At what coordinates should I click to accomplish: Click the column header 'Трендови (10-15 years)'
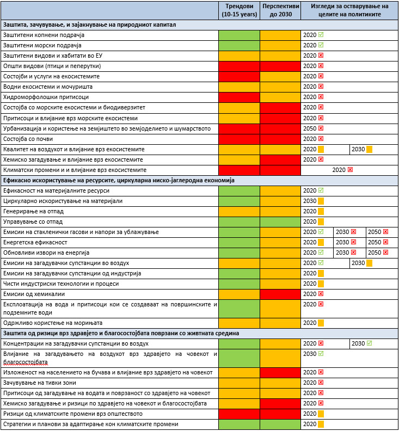point(239,10)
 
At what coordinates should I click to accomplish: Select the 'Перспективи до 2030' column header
point(280,10)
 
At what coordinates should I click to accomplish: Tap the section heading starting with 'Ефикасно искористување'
point(119,180)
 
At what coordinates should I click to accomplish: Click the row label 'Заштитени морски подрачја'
point(42,45)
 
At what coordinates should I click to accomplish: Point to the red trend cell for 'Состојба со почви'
point(239,139)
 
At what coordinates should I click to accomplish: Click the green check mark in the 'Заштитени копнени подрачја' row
point(321,35)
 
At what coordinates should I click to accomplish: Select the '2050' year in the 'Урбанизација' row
point(310,128)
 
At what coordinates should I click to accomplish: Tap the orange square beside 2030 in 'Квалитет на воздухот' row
point(369,149)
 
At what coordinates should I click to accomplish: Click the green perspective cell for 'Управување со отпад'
point(280,222)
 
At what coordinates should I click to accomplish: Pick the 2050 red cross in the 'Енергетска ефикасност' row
point(385,242)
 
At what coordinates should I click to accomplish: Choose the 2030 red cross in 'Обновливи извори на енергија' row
point(353,253)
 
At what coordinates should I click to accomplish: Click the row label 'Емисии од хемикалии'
point(34,294)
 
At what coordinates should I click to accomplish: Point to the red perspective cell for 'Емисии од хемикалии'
point(280,294)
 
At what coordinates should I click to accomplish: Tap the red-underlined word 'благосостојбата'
point(26,362)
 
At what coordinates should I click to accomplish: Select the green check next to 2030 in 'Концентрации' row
point(369,343)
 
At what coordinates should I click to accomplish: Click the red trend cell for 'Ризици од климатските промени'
point(239,414)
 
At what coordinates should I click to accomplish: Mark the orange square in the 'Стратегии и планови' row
point(321,424)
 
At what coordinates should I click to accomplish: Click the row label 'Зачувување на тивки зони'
point(40,383)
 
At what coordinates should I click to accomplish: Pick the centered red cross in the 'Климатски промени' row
point(350,170)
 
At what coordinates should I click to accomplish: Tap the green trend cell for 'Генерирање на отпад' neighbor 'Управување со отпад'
point(239,222)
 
